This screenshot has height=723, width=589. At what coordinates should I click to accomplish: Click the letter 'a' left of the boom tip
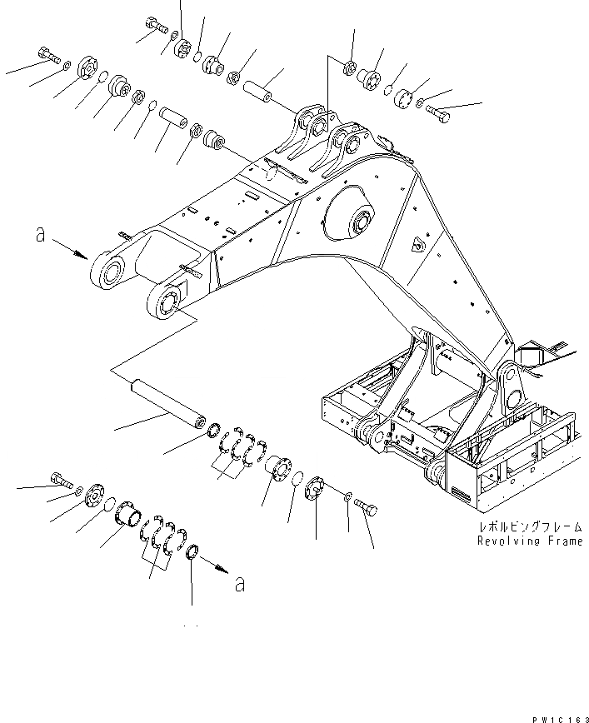tap(40, 236)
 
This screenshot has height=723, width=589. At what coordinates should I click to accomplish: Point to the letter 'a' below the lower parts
tap(240, 585)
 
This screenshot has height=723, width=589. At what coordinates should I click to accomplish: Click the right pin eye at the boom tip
tap(169, 302)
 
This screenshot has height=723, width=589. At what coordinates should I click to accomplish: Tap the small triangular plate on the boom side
tap(416, 245)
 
